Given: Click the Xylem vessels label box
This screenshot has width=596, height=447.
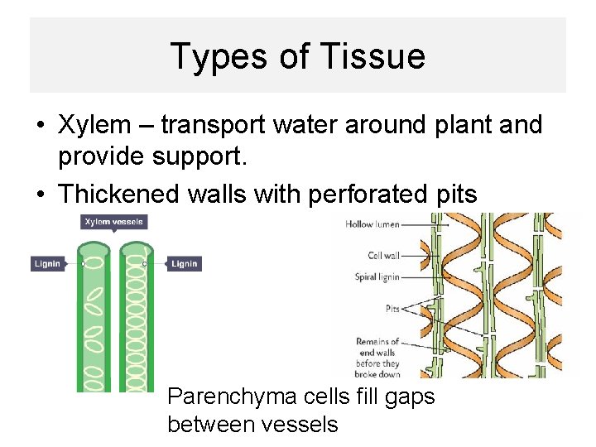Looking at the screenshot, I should coord(113,222).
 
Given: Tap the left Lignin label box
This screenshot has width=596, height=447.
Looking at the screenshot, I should coord(47,264).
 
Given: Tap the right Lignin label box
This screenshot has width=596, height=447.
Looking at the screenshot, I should coord(185,264).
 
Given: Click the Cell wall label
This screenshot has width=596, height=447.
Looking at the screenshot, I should coord(383,256).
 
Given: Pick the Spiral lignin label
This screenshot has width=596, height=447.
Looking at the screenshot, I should coord(377,277).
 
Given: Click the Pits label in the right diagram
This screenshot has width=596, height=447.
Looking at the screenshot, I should coord(392,309).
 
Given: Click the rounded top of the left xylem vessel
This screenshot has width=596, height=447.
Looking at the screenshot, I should coord(95,248).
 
